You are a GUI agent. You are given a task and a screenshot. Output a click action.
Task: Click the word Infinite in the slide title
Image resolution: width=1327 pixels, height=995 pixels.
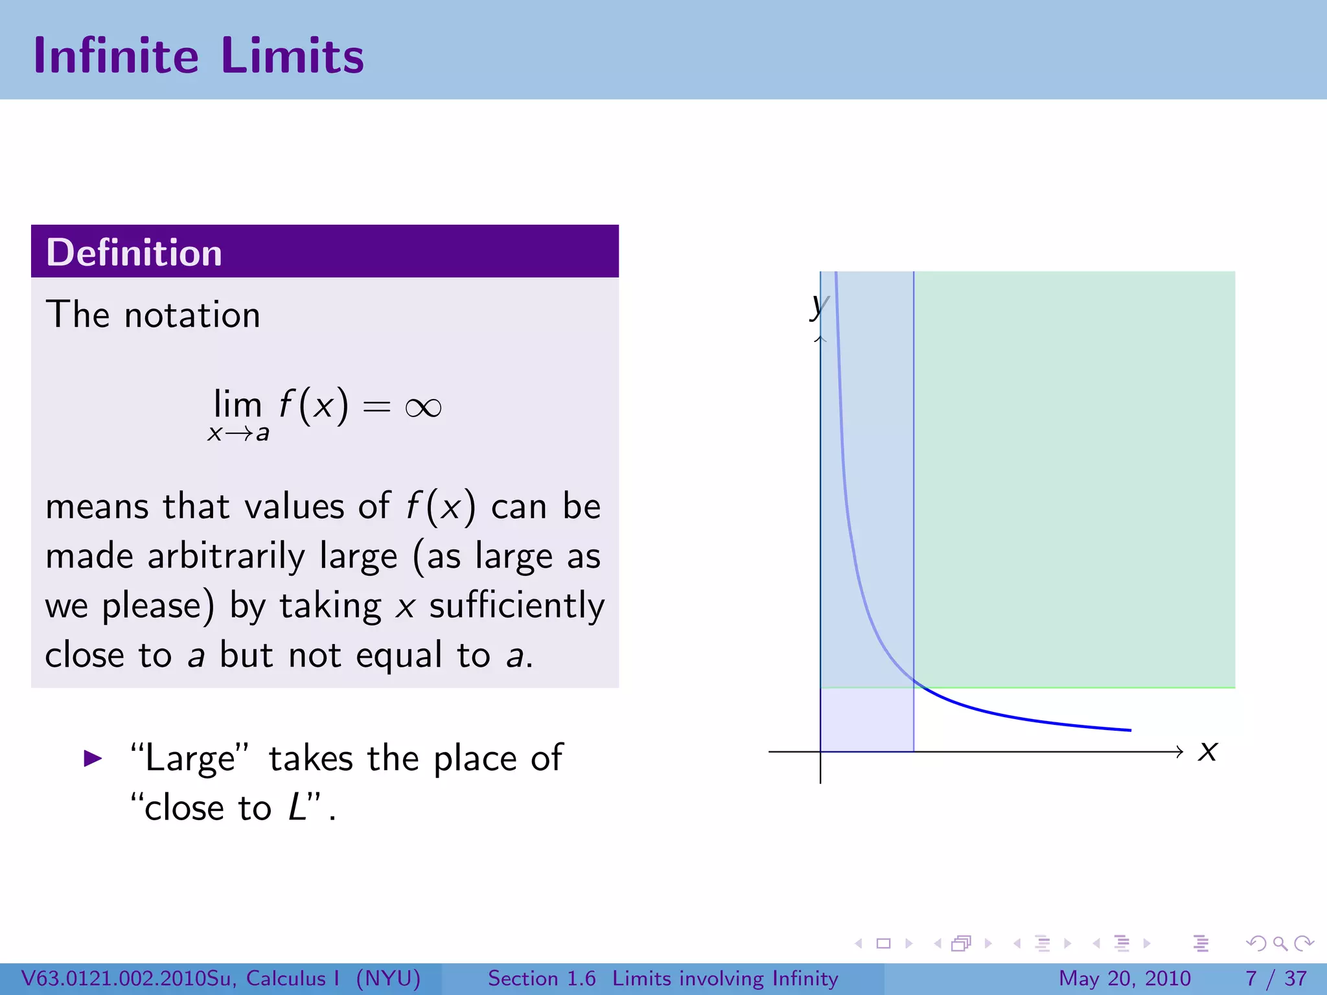[116, 56]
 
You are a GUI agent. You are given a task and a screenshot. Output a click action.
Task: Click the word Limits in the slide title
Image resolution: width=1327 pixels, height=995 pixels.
[292, 56]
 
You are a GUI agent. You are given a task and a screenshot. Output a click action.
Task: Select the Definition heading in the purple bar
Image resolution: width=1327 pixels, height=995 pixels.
[134, 252]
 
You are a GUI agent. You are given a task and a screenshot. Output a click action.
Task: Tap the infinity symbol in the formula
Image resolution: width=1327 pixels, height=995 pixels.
[423, 407]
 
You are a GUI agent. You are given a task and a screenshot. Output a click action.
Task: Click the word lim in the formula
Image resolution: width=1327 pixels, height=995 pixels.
[238, 404]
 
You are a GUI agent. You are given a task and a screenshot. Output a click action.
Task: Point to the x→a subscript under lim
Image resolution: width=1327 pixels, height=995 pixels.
[238, 433]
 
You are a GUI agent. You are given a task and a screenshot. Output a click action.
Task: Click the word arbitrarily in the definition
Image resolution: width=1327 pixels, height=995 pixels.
[226, 556]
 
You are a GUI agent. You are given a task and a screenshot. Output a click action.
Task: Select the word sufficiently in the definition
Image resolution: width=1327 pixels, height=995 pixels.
[517, 606]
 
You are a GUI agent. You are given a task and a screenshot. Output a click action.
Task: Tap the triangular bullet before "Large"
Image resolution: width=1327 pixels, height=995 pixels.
[93, 758]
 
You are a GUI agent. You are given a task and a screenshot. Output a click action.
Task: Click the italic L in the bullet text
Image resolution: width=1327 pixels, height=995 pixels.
[297, 807]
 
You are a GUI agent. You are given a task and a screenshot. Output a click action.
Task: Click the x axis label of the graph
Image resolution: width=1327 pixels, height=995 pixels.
[1208, 751]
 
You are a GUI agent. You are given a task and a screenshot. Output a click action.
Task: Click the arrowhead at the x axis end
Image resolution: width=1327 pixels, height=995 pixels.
[1179, 751]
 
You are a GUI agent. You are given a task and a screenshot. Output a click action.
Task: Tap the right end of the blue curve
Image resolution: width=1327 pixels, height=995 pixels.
[1130, 730]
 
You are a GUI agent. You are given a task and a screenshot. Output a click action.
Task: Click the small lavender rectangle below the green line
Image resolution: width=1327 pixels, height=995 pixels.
[867, 719]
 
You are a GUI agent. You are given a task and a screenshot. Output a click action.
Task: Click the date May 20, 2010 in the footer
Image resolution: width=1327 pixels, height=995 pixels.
[1125, 978]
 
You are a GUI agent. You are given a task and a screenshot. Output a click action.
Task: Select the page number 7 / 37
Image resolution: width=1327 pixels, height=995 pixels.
[1276, 978]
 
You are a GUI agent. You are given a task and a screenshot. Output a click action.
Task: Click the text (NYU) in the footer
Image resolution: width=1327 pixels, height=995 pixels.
[388, 978]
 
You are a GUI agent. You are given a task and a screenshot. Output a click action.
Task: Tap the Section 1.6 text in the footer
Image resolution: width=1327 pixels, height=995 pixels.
[542, 978]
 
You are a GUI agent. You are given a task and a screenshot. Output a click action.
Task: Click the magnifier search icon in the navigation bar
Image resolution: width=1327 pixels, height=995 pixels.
[1280, 944]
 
